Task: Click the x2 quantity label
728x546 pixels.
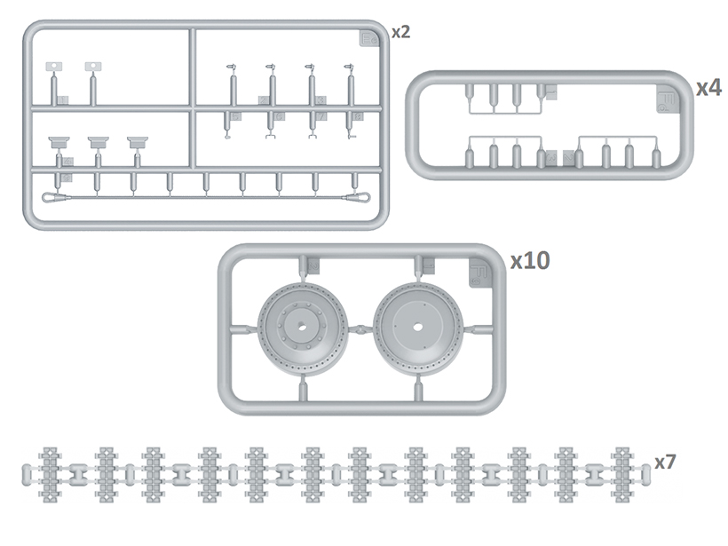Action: (x=400, y=32)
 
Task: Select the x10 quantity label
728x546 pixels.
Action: (x=530, y=260)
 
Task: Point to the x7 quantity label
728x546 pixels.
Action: (x=667, y=462)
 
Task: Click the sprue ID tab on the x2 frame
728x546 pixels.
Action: (x=368, y=38)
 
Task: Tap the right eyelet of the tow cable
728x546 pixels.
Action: (x=359, y=198)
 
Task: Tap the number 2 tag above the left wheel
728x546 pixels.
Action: (x=313, y=265)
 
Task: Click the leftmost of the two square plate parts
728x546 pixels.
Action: (x=54, y=66)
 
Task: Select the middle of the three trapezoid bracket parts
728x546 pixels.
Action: (x=98, y=141)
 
